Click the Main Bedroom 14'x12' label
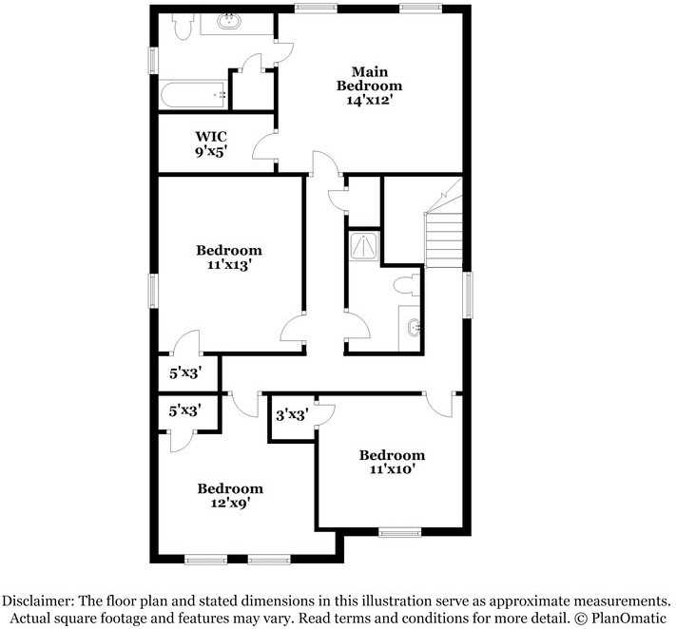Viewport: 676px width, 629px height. [x=369, y=86]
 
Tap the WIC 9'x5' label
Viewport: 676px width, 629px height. [x=211, y=143]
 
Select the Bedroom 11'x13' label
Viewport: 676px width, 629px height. [x=229, y=257]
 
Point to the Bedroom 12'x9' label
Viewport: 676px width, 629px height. [x=229, y=495]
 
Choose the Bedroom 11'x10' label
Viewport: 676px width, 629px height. [x=392, y=462]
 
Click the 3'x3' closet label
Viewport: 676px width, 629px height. [x=291, y=414]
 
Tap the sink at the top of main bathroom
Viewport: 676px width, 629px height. [x=229, y=22]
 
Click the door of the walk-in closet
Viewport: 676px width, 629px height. [x=264, y=148]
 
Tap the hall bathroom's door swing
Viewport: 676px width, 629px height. [x=357, y=329]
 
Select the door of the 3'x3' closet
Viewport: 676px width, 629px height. [x=325, y=412]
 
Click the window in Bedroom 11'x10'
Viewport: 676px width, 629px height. [x=399, y=532]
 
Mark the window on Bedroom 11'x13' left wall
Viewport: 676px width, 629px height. [x=152, y=290]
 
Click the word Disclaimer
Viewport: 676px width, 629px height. [x=38, y=600]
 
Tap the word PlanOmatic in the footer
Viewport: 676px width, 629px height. [x=628, y=617]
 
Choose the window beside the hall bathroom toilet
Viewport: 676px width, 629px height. [x=466, y=295]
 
